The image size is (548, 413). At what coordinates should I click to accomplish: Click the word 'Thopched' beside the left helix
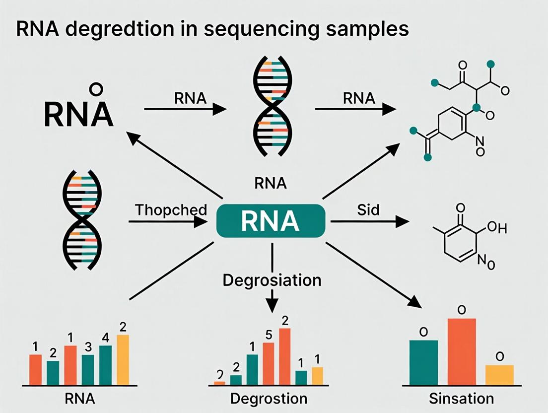pos(170,209)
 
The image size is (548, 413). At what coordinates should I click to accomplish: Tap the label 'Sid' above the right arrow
pos(368,209)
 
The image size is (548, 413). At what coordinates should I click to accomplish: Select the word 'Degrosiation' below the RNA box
pos(272,280)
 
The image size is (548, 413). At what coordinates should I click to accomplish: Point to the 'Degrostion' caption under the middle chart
pos(269,398)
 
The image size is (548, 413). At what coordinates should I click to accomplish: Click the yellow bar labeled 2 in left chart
pos(123,360)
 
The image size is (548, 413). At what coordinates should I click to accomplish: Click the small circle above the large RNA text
pos(96,89)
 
